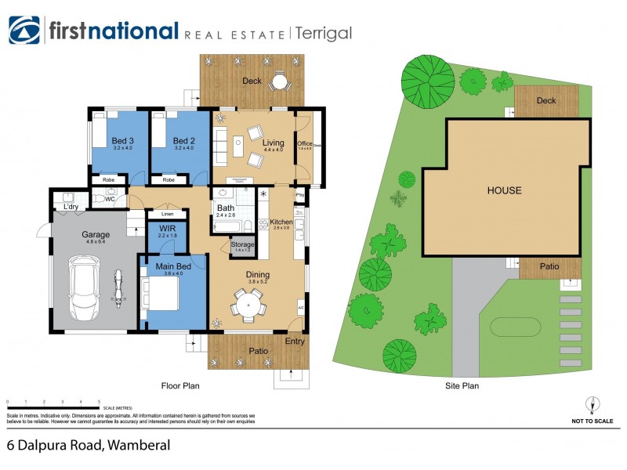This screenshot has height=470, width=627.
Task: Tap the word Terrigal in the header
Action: [324, 33]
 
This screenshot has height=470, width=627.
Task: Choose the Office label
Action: [305, 144]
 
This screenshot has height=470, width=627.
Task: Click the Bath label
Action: [225, 208]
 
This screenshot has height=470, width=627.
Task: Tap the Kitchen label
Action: [281, 222]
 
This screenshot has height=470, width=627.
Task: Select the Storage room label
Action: [242, 245]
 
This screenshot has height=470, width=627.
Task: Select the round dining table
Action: [248, 302]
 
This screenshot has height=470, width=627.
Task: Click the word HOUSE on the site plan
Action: [504, 190]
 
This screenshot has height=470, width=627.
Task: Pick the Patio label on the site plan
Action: [549, 267]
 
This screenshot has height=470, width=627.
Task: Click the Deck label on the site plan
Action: [545, 100]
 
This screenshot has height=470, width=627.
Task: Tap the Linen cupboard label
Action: [166, 214]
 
